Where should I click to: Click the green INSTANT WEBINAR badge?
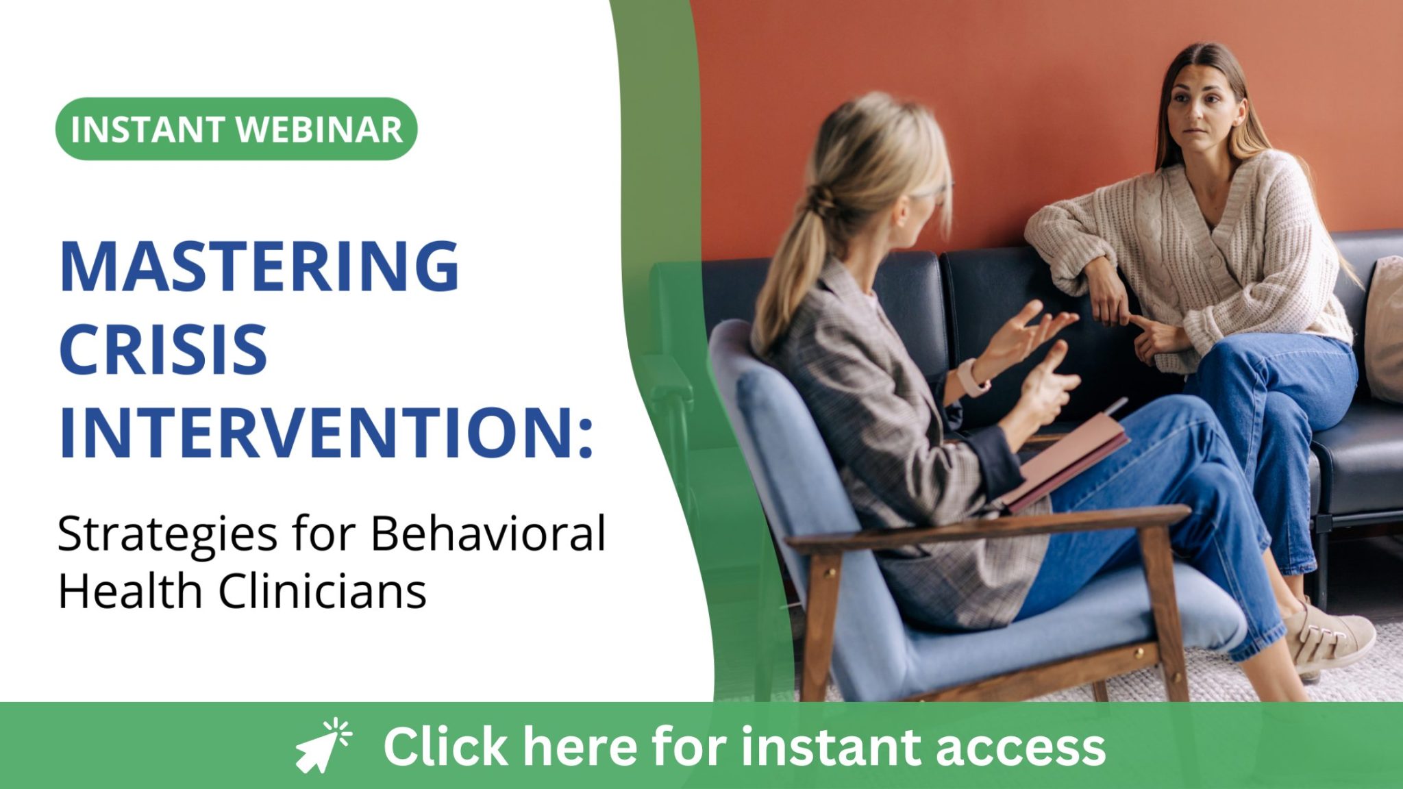tap(236, 129)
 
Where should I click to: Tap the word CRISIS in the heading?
tap(163, 349)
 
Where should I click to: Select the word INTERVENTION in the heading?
tap(315, 432)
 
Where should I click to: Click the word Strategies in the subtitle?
tap(168, 534)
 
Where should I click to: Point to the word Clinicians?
tap(322, 590)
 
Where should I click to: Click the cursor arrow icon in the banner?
tap(322, 747)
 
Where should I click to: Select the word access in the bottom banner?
tap(1021, 747)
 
